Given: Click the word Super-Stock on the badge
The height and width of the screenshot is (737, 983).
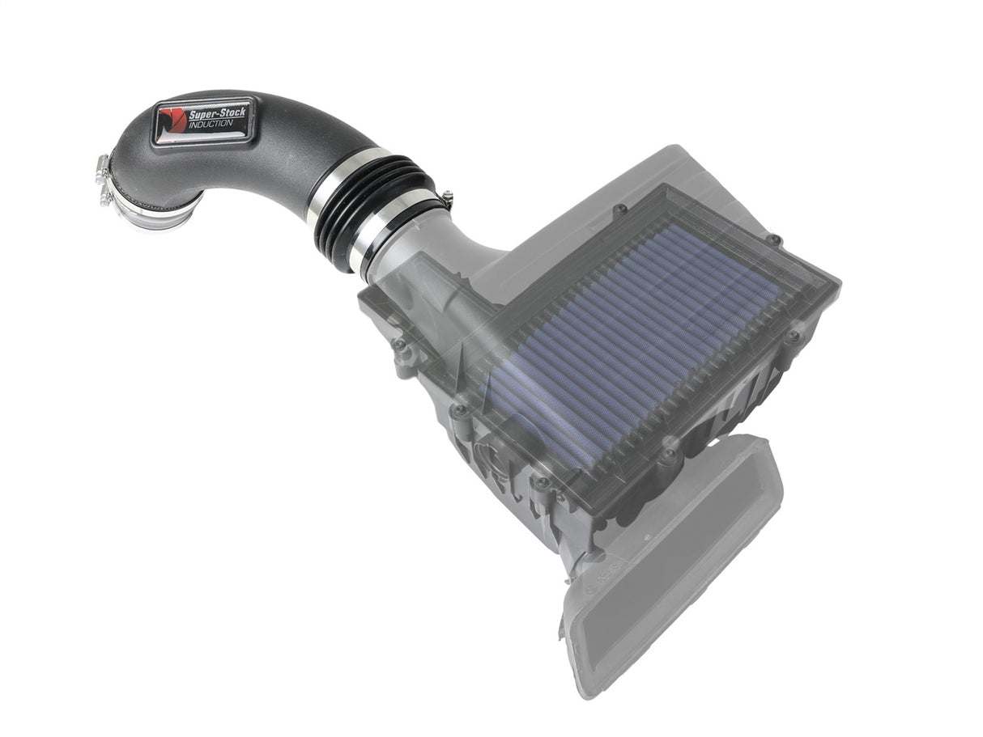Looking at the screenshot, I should pos(216,114).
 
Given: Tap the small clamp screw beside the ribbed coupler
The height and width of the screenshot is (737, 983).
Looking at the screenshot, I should pos(446,197).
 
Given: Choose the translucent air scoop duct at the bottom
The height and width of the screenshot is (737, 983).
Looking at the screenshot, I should pos(672,566).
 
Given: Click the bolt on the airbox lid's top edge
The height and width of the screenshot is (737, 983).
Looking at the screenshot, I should pos(621,210).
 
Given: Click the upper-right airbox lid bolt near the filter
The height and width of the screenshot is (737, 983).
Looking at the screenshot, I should pos(773,239).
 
